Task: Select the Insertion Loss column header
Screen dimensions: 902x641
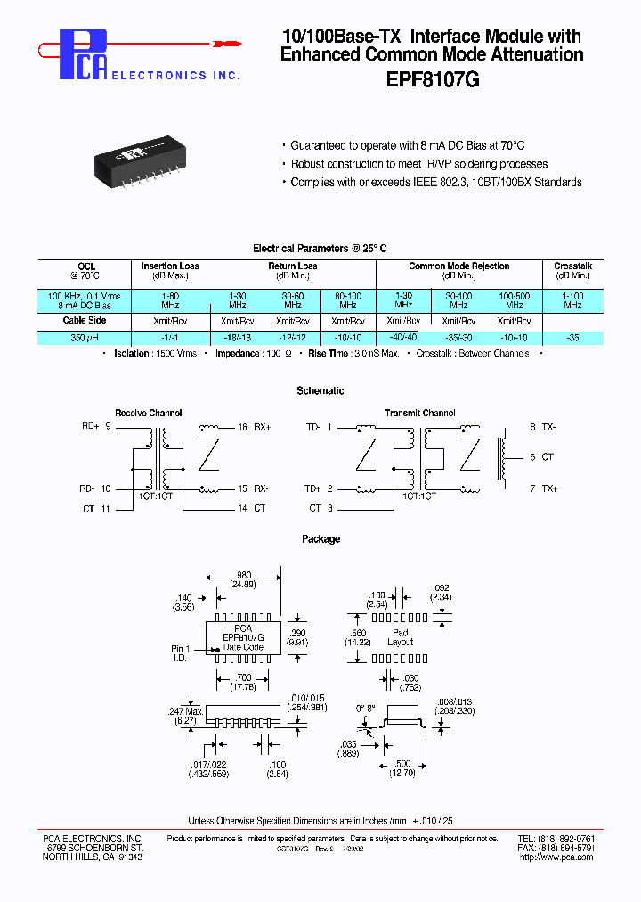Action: (x=170, y=266)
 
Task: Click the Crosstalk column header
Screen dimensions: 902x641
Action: (x=572, y=266)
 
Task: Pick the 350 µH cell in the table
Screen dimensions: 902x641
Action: (x=85, y=338)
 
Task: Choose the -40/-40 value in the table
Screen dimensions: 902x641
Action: (x=403, y=337)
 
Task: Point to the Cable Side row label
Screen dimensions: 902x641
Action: (x=85, y=320)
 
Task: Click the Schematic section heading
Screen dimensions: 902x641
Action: (x=320, y=390)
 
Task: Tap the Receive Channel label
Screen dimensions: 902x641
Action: (x=149, y=413)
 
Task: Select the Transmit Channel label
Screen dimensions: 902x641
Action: (x=419, y=413)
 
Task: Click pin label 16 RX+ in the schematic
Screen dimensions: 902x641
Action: (x=253, y=428)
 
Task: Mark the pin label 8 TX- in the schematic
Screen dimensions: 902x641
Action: (x=542, y=428)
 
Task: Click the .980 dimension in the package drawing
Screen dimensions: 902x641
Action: (x=242, y=575)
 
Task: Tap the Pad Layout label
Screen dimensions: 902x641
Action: (x=400, y=636)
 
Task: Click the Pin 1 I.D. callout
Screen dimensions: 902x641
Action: (x=182, y=653)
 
